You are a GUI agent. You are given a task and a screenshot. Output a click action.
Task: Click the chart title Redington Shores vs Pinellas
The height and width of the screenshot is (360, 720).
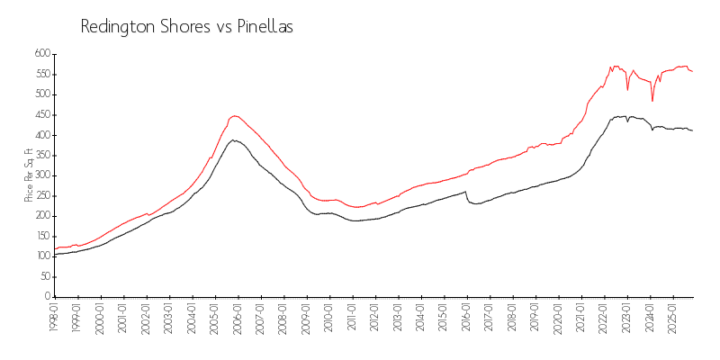click(x=187, y=27)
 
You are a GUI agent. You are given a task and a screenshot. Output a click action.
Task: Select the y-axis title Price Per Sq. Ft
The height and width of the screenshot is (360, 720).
click(x=29, y=175)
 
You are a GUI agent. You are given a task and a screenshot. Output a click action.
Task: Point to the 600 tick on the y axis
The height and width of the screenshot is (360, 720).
click(x=40, y=54)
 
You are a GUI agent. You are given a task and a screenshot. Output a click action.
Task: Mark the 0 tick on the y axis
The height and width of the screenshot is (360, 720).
click(x=47, y=297)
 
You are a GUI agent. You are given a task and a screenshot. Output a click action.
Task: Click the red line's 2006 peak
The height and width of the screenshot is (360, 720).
click(x=234, y=115)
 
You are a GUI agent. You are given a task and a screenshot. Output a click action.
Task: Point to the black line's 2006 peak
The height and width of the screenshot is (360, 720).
click(x=234, y=139)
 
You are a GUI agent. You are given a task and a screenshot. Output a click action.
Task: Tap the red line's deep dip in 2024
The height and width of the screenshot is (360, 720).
click(x=652, y=100)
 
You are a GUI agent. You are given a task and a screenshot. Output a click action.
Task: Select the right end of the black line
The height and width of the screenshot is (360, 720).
click(x=692, y=130)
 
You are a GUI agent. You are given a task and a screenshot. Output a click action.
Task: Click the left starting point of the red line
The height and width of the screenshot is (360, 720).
click(x=55, y=249)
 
